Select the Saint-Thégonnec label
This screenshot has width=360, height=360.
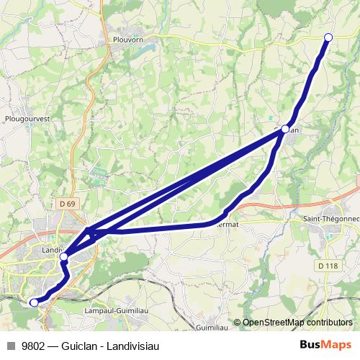329,217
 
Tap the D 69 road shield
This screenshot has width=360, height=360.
67,204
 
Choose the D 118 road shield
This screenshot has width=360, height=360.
327,266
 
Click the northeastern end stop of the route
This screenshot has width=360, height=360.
328,37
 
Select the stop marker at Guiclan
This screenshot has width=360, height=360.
285,129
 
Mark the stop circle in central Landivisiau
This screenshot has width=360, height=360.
63,256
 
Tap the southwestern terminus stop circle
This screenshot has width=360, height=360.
33,302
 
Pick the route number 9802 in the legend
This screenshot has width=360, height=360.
34,346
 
